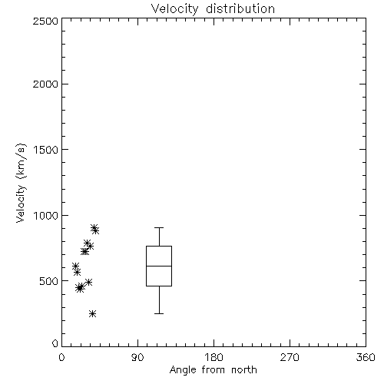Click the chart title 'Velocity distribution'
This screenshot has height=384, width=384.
(213, 9)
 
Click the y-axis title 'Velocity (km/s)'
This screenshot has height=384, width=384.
(21, 183)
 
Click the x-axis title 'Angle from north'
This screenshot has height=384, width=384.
(213, 370)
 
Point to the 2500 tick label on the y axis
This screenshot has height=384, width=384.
(45, 21)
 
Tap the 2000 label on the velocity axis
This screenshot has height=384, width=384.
(45, 84)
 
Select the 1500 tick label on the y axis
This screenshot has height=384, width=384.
(46, 150)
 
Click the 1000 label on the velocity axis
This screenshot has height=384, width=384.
(46, 216)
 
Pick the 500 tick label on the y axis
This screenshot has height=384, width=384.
(49, 281)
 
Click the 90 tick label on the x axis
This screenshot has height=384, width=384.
(137, 357)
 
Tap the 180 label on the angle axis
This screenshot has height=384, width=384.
(214, 357)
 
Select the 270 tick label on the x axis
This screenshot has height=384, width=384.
(290, 357)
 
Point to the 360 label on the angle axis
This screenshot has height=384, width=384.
(366, 357)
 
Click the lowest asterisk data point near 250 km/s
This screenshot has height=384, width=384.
(93, 313)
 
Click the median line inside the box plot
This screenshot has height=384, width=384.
(159, 266)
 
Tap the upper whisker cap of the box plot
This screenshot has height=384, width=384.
(159, 227)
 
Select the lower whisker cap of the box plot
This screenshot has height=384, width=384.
(159, 313)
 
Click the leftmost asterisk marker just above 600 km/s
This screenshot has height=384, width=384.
(75, 266)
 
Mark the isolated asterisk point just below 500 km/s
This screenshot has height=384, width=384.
(88, 282)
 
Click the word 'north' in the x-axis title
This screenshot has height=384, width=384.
(244, 370)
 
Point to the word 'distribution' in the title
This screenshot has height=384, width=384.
(240, 9)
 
